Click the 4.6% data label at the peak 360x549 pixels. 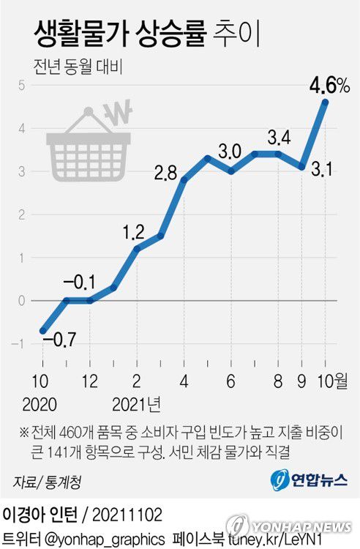click(329, 86)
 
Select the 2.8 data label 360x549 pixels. click(167, 174)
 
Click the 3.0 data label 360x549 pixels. click(230, 152)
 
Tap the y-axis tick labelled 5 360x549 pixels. click(23, 85)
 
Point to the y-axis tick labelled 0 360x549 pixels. click(23, 301)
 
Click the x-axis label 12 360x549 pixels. click(90, 382)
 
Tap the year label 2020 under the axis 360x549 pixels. click(42, 403)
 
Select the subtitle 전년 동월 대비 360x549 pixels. click(77, 67)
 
